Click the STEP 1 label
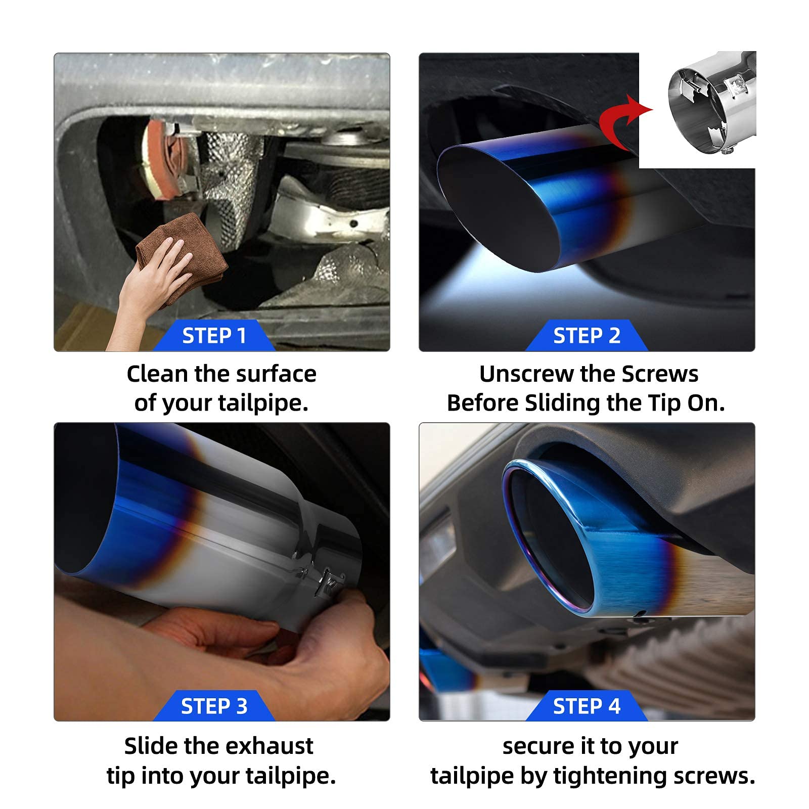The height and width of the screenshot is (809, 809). [214, 336]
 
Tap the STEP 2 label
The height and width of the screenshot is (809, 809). [587, 336]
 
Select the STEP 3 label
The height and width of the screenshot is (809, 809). [214, 706]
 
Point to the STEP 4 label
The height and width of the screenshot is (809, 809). [587, 706]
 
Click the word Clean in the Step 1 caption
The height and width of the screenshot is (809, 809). [157, 374]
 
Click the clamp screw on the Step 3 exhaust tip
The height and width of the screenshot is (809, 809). [331, 587]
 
